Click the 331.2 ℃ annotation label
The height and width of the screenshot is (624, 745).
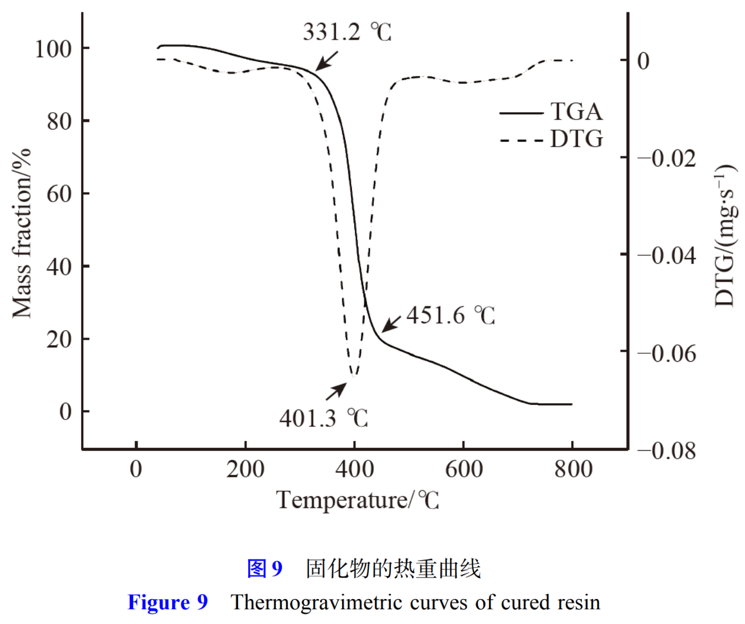(x=347, y=32)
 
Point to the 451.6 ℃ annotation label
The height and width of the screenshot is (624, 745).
(x=450, y=316)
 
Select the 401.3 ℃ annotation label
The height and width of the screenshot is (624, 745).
(x=323, y=418)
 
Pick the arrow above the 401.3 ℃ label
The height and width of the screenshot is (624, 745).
(x=336, y=391)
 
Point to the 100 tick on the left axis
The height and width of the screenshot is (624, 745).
(x=54, y=49)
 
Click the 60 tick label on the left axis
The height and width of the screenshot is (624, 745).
(x=59, y=194)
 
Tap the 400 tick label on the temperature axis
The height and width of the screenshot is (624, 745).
(x=355, y=469)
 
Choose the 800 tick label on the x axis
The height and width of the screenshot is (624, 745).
(x=573, y=469)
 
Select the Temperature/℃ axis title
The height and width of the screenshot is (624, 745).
(x=357, y=501)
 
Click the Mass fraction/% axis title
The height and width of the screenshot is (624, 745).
(x=22, y=233)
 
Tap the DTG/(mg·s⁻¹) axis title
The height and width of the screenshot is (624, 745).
(x=725, y=236)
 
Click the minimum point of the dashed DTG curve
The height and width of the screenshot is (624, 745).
(x=354, y=375)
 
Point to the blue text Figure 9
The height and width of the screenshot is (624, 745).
(x=168, y=602)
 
